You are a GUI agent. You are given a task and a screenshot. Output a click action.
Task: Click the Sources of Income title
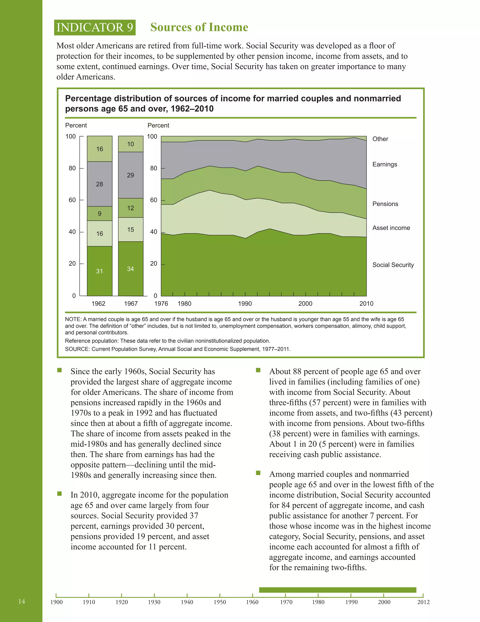(x=199, y=27)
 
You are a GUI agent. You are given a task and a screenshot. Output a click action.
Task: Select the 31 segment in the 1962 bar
(x=100, y=271)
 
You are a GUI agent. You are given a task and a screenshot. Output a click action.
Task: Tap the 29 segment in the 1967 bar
(x=131, y=175)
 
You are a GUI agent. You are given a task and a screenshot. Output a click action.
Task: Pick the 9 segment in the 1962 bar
(x=100, y=214)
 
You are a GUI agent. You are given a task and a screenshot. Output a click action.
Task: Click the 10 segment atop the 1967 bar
(x=131, y=144)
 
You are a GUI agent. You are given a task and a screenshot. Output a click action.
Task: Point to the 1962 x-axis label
(x=98, y=303)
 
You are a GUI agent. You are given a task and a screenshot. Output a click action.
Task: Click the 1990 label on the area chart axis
(x=245, y=303)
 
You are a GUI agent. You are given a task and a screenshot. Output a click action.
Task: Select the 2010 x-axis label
(x=366, y=303)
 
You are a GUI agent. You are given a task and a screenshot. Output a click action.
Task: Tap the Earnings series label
(x=384, y=164)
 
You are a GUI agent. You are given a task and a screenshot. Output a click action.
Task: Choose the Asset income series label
(x=391, y=228)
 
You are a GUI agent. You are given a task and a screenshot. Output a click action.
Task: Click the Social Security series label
(x=393, y=265)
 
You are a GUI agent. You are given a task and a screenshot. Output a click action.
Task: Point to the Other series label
(x=380, y=139)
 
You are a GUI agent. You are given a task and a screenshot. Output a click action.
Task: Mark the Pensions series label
(x=385, y=204)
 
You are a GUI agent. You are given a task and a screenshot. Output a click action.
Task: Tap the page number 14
(x=22, y=601)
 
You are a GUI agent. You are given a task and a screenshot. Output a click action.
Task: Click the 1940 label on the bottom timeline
(x=187, y=602)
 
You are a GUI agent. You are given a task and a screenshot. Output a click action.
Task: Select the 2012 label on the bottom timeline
(x=423, y=602)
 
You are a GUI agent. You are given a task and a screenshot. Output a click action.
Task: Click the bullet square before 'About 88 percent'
(x=258, y=370)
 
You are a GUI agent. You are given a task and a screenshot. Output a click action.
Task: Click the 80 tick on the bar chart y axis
(x=72, y=168)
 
